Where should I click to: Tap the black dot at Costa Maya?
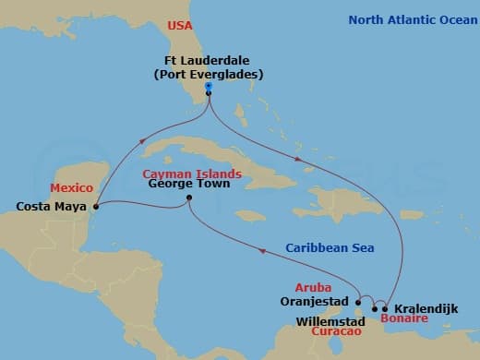coord(97,207)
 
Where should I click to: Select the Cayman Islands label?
coord(192,173)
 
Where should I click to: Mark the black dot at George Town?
coord(188,198)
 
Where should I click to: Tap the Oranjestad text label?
coord(313,300)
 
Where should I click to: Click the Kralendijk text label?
coord(425,306)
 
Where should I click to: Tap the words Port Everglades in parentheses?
coord(210,77)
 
